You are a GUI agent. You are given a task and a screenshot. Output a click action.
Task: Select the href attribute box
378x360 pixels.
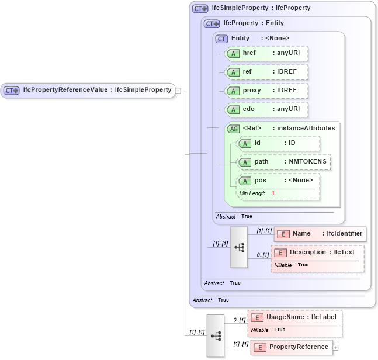point(266,53)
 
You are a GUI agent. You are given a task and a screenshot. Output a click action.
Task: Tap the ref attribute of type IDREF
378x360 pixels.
point(266,72)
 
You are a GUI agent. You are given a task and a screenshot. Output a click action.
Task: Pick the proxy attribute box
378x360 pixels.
point(266,91)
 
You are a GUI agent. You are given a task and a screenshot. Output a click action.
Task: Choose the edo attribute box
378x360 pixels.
point(266,109)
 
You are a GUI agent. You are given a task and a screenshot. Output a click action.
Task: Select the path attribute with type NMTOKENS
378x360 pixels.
point(284,162)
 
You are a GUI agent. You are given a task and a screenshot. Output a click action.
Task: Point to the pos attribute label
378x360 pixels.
point(261,181)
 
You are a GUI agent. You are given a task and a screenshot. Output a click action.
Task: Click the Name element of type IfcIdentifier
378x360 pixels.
point(320,234)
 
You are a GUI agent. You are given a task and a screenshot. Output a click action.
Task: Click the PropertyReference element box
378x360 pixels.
point(292,347)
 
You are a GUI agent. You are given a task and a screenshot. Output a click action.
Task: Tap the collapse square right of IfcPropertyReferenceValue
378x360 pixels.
point(178,91)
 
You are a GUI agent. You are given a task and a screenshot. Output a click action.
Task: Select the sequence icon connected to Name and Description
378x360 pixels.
point(239,247)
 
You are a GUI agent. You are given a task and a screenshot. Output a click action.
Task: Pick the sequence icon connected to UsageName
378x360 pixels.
point(216,336)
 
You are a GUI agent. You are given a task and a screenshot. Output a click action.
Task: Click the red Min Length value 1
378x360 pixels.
point(273,193)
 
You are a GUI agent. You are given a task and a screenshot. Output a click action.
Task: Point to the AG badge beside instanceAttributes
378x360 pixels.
point(233,129)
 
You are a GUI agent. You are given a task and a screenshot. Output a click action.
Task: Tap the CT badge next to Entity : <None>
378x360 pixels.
point(221,39)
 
